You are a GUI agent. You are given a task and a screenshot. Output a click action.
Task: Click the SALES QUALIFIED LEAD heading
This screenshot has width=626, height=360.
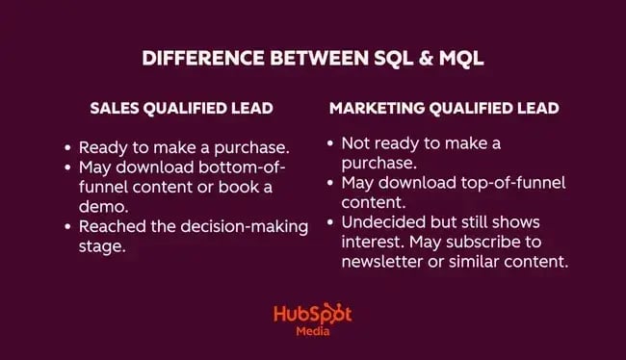point(182,108)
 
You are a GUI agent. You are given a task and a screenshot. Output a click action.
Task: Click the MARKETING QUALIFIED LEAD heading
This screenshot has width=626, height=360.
point(444,108)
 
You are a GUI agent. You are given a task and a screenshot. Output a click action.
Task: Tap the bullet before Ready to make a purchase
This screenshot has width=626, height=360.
point(66,148)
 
